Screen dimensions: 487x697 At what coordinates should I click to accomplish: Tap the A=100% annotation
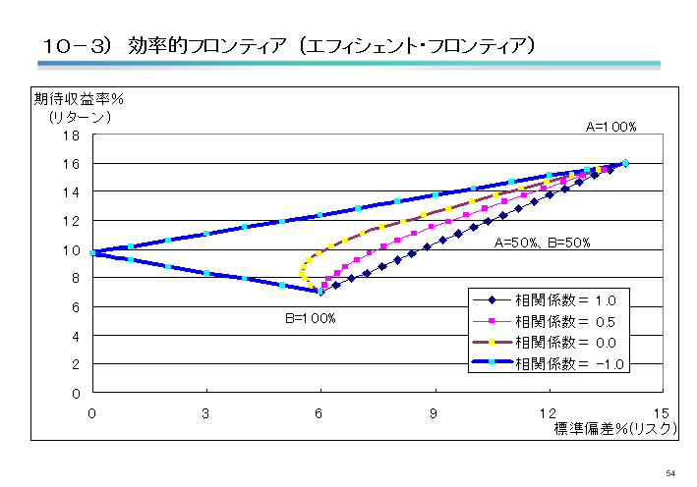(x=611, y=127)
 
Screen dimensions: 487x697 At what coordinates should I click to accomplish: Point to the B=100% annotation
(x=311, y=318)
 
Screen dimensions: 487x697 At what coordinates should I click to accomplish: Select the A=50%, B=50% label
(x=542, y=243)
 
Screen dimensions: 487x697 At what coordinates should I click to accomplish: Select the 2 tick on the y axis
(x=76, y=364)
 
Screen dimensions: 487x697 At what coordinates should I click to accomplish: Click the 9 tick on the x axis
(x=434, y=412)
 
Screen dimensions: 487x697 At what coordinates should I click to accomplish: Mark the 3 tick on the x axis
(x=206, y=412)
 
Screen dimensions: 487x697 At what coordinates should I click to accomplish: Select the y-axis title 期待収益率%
(x=85, y=99)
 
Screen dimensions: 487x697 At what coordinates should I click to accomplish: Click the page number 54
(x=670, y=473)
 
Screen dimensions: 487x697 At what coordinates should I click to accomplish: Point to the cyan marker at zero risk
(x=92, y=252)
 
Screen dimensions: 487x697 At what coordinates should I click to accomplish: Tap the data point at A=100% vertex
(x=625, y=164)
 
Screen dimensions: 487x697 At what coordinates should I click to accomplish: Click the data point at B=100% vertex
(x=319, y=292)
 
